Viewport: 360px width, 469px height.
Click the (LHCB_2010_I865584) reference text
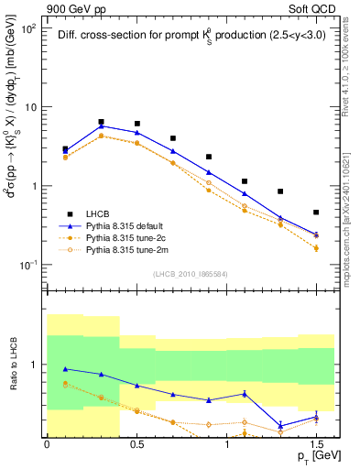coord(191,274)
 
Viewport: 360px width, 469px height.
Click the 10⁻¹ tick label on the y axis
coord(26,266)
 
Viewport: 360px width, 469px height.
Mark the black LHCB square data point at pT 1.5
coord(316,213)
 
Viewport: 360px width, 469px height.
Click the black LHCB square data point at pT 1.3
coord(280,191)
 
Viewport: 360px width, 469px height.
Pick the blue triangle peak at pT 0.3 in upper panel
coord(101,126)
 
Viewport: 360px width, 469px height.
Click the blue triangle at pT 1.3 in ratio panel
coord(280,425)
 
